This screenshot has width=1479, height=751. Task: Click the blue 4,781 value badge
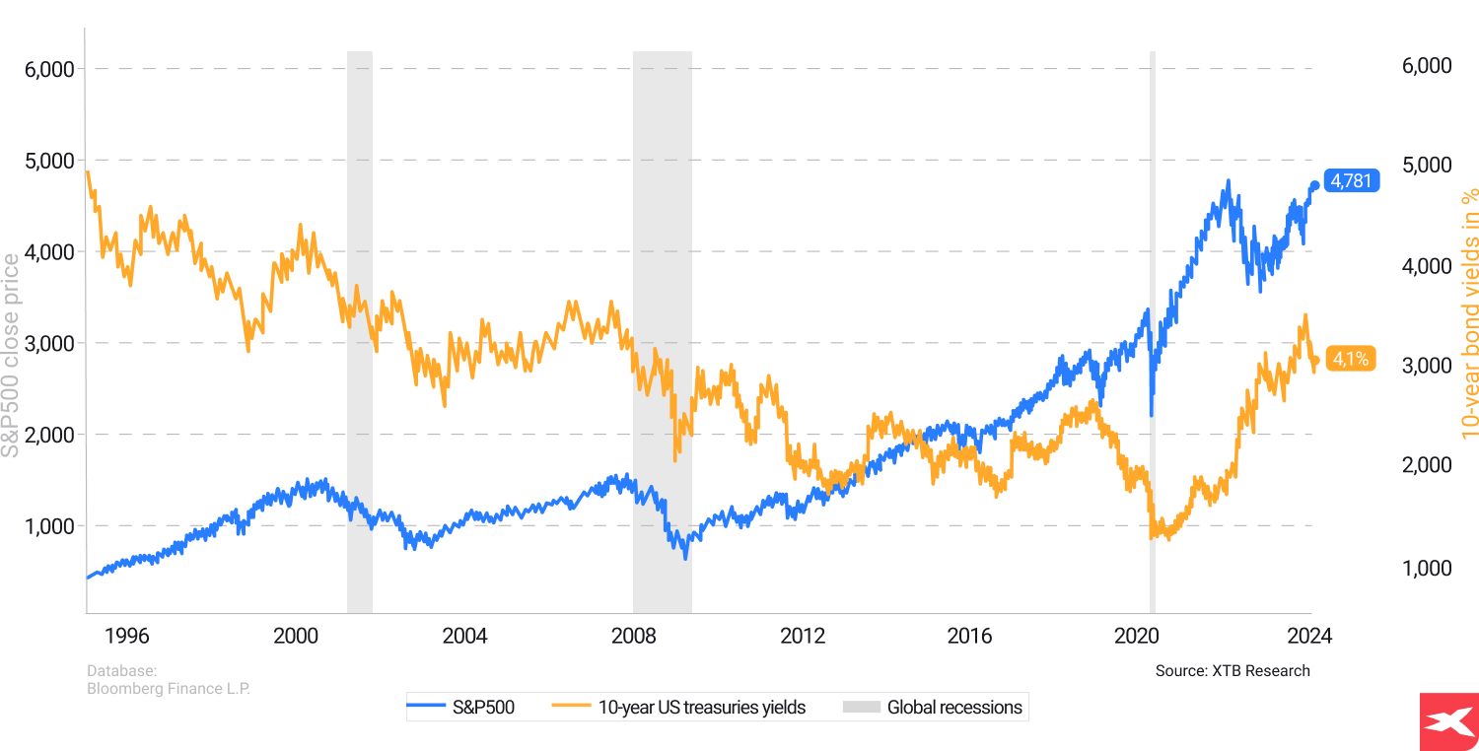[x=1350, y=181]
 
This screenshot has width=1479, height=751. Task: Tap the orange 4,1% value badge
[x=1350, y=360]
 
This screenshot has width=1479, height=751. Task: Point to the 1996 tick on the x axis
[x=128, y=635]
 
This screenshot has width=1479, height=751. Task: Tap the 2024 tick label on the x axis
[x=1310, y=635]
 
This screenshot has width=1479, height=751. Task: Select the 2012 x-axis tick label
[x=803, y=635]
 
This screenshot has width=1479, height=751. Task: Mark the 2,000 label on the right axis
[x=1426, y=465]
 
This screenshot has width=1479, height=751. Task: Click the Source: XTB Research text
[x=1232, y=671]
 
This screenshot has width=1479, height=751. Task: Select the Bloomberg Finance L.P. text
[x=169, y=689]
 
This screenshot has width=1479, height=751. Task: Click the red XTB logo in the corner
[x=1448, y=721]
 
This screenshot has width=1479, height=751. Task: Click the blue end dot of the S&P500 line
[x=1315, y=185]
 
